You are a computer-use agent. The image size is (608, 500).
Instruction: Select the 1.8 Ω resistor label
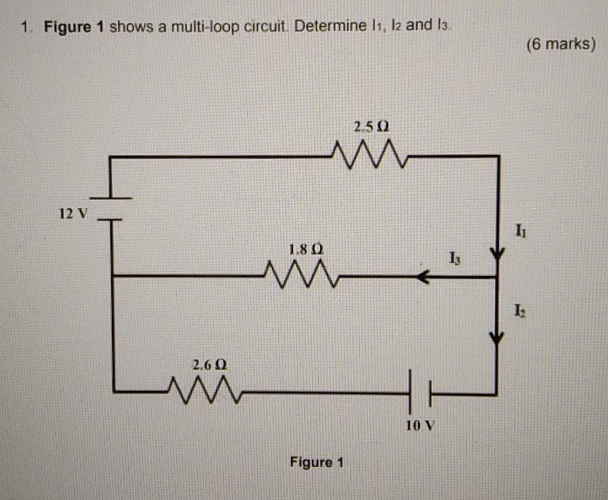pyautogui.click(x=305, y=249)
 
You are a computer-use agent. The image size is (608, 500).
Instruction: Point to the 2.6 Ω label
pyautogui.click(x=209, y=365)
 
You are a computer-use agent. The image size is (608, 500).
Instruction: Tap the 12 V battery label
pyautogui.click(x=73, y=214)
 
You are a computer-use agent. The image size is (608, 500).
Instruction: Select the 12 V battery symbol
pyautogui.click(x=111, y=209)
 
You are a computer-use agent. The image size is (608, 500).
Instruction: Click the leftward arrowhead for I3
pyautogui.click(x=423, y=276)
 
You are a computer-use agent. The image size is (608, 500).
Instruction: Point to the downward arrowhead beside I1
pyautogui.click(x=497, y=254)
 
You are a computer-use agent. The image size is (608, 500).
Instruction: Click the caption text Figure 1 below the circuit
pyautogui.click(x=316, y=462)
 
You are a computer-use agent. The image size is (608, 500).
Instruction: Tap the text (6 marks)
pyautogui.click(x=560, y=44)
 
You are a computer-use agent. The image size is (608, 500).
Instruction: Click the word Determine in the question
pyautogui.click(x=335, y=26)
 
